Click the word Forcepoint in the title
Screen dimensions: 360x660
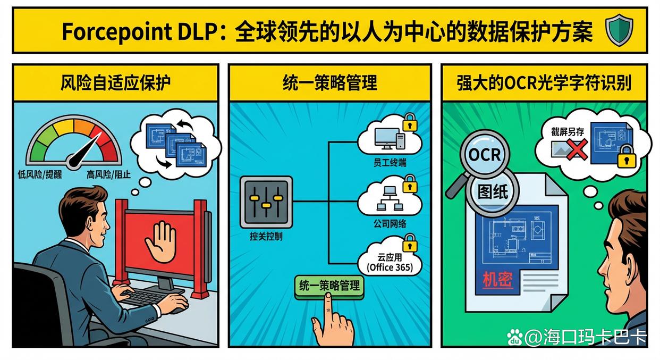point(105,32)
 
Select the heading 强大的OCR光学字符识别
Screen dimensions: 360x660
point(544,83)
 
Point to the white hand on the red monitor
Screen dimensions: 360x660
point(160,241)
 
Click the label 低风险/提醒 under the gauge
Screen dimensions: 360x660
point(40,174)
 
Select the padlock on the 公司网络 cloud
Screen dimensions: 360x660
point(410,185)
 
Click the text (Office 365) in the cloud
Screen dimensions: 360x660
point(390,267)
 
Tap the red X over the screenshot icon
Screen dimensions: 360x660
point(576,149)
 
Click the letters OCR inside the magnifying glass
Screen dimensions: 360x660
point(484,154)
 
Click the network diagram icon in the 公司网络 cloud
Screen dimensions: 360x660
point(388,198)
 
